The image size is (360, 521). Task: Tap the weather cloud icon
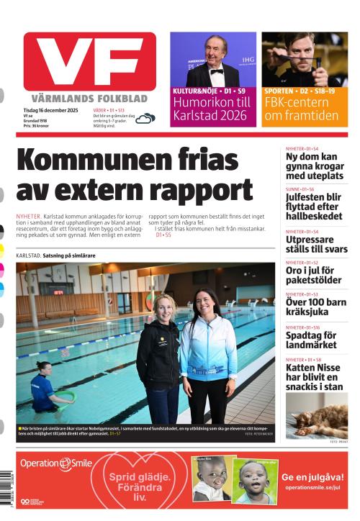click(x=145, y=118)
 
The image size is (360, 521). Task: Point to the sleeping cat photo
click(x=316, y=416)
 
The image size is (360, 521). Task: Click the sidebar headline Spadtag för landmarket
click(x=310, y=340)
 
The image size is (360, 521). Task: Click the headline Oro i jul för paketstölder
click(x=313, y=276)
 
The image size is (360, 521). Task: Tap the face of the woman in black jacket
click(x=163, y=307)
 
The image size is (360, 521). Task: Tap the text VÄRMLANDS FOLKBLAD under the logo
click(x=89, y=98)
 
